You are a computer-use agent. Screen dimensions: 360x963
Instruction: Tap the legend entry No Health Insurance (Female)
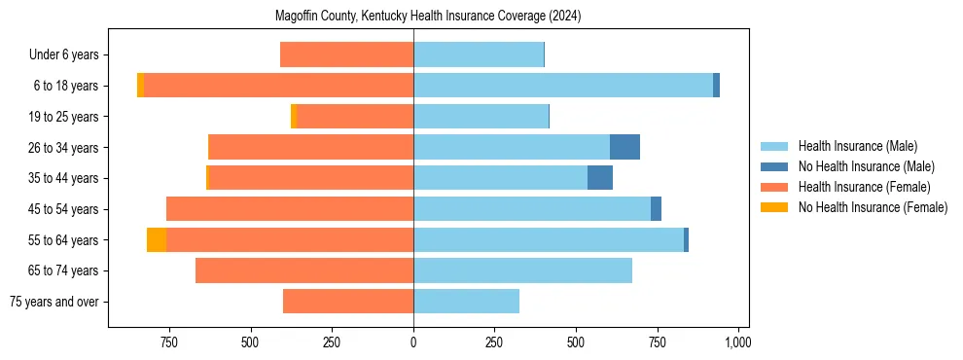click(x=873, y=207)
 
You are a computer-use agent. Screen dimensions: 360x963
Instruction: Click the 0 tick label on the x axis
click(x=413, y=342)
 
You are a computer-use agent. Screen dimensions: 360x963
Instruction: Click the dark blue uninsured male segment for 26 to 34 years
click(x=624, y=147)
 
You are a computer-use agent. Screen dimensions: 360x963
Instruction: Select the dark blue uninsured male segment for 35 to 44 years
click(x=600, y=178)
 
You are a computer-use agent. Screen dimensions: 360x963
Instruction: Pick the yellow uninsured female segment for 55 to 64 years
click(x=156, y=239)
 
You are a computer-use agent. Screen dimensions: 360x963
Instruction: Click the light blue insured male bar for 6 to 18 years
click(x=563, y=86)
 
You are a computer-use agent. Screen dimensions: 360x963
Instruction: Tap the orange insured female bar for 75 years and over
click(x=348, y=302)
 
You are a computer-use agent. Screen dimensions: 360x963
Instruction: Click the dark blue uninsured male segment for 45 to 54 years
click(x=656, y=209)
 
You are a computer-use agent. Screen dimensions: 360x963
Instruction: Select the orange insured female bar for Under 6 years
click(x=346, y=54)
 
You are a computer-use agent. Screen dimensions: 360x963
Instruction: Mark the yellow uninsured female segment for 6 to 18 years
click(x=141, y=86)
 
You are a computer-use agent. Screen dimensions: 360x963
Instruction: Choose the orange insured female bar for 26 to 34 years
click(x=311, y=147)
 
